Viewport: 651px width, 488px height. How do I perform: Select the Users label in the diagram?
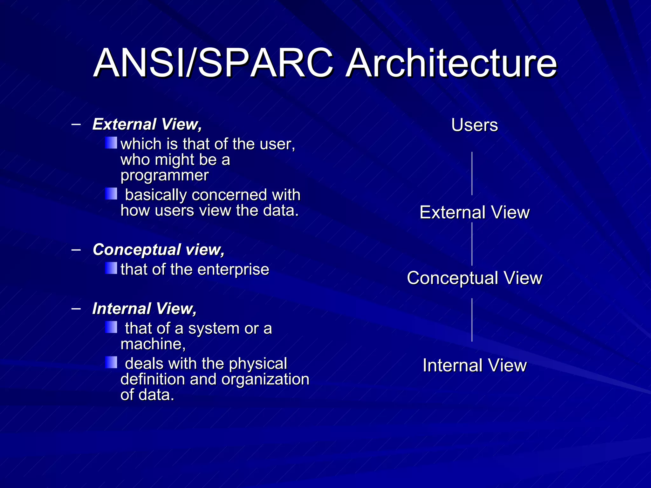pyautogui.click(x=474, y=125)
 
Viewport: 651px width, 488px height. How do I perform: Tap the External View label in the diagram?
pyautogui.click(x=474, y=212)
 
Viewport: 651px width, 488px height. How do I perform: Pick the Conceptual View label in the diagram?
pyautogui.click(x=474, y=278)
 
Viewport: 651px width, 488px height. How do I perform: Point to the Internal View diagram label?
pyautogui.click(x=474, y=365)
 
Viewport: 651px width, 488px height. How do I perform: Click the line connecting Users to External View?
pyautogui.click(x=472, y=173)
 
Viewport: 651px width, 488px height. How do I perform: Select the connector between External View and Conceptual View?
pyautogui.click(x=472, y=244)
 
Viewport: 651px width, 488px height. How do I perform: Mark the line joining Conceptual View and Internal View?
pyautogui.click(x=472, y=320)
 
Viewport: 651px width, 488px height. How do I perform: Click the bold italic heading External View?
pyautogui.click(x=147, y=124)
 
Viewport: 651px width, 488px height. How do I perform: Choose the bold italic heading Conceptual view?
pyautogui.click(x=158, y=250)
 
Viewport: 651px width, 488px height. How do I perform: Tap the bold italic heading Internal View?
pyautogui.click(x=144, y=308)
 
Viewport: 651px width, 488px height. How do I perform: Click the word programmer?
pyautogui.click(x=164, y=175)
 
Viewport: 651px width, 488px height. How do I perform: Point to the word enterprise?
pyautogui.click(x=233, y=270)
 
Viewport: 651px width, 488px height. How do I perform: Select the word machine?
pyautogui.click(x=153, y=344)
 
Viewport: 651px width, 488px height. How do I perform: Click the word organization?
pyautogui.click(x=265, y=379)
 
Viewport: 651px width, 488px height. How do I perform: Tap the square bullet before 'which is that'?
pyautogui.click(x=111, y=143)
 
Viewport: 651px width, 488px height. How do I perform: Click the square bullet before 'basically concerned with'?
pyautogui.click(x=111, y=193)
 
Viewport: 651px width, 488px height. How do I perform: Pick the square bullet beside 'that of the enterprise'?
pyautogui.click(x=111, y=268)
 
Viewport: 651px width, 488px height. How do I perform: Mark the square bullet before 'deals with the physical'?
pyautogui.click(x=111, y=362)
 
